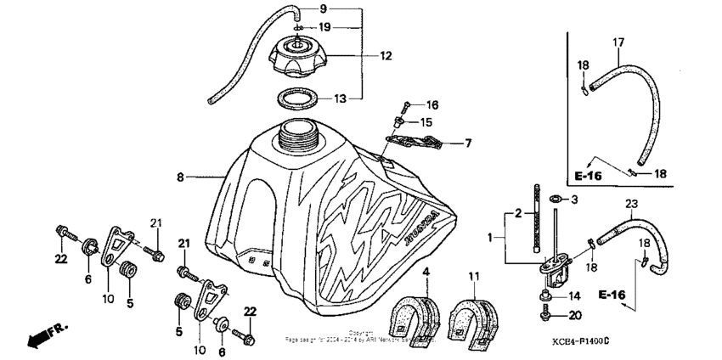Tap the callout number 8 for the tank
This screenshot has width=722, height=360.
tap(180, 178)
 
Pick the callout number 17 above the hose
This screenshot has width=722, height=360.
tap(618, 42)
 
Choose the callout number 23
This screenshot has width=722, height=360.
tap(631, 203)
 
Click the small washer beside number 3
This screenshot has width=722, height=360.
tap(554, 200)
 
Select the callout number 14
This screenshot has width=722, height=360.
tap(575, 296)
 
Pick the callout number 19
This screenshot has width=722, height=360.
tap(324, 26)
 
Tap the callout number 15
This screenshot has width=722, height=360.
tap(427, 123)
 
